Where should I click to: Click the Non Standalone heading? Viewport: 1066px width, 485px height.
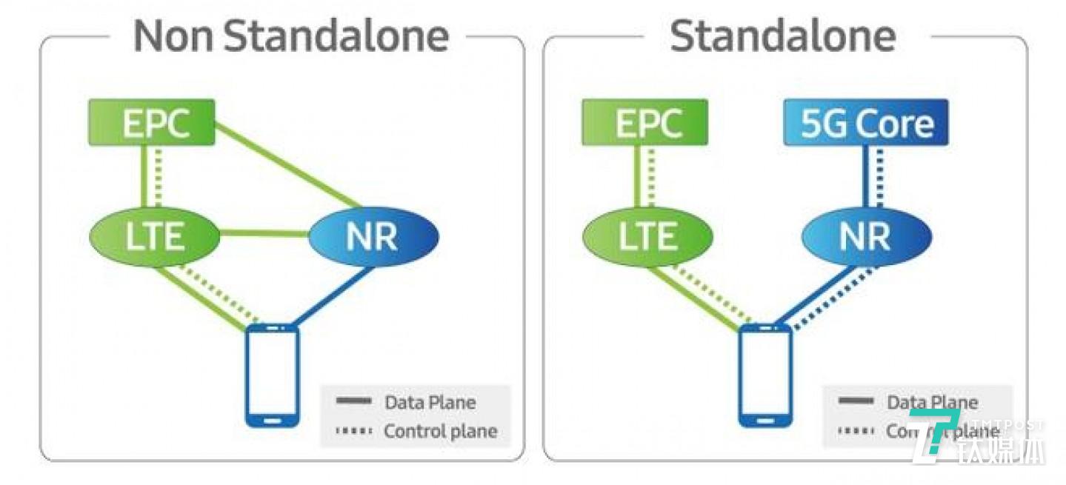click(291, 36)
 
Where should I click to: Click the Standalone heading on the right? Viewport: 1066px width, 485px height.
click(783, 36)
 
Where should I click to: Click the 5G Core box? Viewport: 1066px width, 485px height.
click(866, 123)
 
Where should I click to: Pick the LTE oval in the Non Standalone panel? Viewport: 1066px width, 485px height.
click(155, 236)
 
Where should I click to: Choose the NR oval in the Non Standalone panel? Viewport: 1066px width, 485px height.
click(373, 236)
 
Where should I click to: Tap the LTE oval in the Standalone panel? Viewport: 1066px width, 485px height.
click(647, 236)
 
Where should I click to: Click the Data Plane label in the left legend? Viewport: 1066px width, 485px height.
click(430, 403)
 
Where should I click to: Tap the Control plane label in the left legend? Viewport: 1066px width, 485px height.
click(440, 431)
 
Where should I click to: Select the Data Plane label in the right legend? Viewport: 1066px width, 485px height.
click(932, 403)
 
